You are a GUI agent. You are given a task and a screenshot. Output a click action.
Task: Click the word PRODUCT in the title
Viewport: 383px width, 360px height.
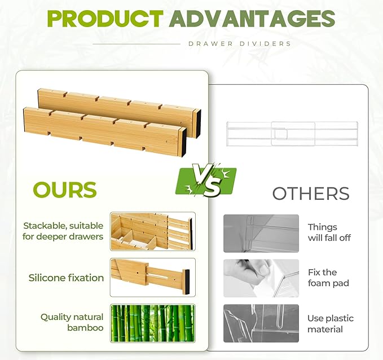coord(105,19)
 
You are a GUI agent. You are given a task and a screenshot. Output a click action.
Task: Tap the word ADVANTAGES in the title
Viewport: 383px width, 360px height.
coord(252,19)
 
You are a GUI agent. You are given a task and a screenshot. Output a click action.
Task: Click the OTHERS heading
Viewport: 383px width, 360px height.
coord(311,193)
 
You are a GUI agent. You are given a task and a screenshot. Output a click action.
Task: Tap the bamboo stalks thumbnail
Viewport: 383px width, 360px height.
coord(153,323)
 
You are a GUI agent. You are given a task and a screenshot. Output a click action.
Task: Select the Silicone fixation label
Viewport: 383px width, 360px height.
coord(67,278)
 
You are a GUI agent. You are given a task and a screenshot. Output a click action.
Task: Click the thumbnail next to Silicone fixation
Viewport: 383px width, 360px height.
coord(153,277)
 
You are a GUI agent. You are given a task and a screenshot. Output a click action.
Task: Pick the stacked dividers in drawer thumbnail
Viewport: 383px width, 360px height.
coord(153,231)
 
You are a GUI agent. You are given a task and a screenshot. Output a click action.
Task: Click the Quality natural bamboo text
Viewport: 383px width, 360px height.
coord(72,322)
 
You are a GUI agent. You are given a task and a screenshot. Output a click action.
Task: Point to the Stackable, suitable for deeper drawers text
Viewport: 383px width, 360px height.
coord(63,231)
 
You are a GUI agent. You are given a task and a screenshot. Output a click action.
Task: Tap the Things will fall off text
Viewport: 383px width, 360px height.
coord(329,232)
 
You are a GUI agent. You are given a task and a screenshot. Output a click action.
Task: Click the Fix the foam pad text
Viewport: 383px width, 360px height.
coord(328,278)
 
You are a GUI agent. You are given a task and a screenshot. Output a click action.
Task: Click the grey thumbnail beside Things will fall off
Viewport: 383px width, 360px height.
coord(261,232)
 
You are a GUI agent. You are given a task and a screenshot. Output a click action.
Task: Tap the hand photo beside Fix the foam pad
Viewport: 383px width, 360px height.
coord(261,278)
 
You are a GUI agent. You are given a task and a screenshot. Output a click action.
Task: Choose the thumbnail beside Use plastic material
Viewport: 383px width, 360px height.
coord(261,323)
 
